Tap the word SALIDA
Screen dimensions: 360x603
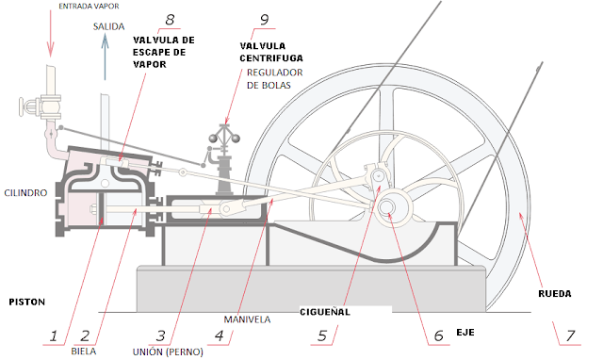109,27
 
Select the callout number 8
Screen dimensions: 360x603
170,20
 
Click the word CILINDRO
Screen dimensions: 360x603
24,191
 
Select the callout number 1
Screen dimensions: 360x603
55,335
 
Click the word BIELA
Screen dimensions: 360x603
84,351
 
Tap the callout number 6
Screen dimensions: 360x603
437,335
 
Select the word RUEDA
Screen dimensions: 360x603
553,293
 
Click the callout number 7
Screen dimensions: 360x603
567,335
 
